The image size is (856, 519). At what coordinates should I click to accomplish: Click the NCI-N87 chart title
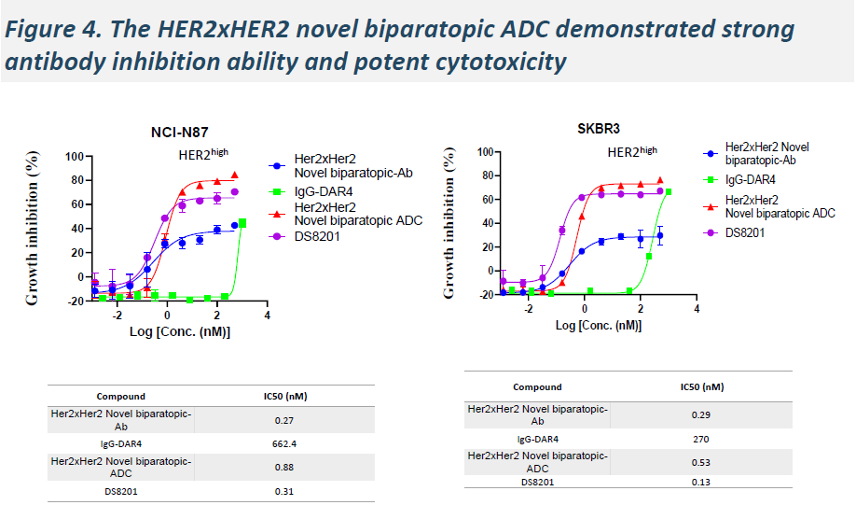tap(186, 132)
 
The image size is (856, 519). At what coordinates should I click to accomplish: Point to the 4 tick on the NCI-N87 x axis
tap(267, 316)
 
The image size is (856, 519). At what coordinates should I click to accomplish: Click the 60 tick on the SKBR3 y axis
tap(485, 199)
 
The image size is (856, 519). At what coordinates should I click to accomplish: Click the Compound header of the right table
tap(538, 386)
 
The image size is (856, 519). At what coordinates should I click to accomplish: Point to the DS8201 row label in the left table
tap(119, 490)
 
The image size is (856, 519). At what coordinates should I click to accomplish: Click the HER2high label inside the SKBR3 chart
tap(632, 151)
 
